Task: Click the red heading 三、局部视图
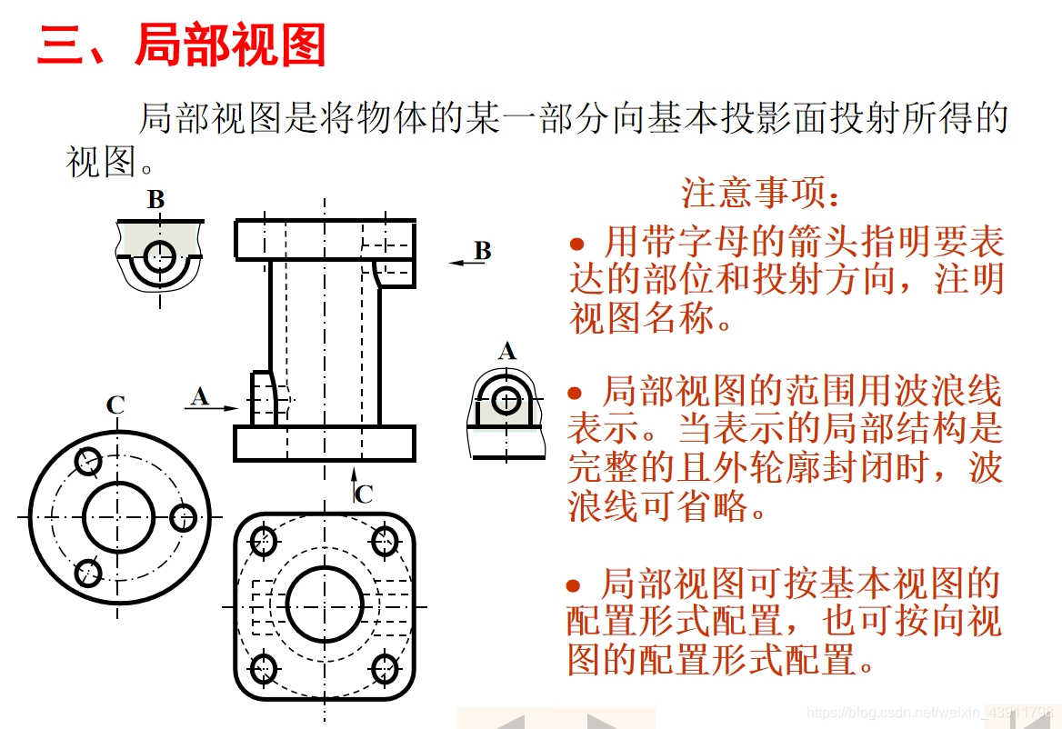[x=182, y=45]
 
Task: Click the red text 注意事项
[x=754, y=193]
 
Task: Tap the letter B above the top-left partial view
[x=155, y=199]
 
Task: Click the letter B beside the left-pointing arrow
[x=482, y=251]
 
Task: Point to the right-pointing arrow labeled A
[x=212, y=408]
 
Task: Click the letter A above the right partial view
[x=507, y=351]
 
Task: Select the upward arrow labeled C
[x=354, y=484]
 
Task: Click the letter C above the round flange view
[x=115, y=404]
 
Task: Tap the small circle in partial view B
[x=160, y=255]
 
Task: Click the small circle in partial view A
[x=506, y=401]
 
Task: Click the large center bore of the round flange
[x=118, y=517]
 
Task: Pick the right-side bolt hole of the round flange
[x=183, y=518]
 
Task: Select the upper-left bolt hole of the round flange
[x=88, y=462]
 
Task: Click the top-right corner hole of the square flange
[x=385, y=541]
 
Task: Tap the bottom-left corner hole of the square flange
[x=263, y=669]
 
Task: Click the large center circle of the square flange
[x=325, y=604]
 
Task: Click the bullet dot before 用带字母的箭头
[x=577, y=243]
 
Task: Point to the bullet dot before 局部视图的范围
[x=575, y=394]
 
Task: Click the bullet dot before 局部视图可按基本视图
[x=575, y=586]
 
